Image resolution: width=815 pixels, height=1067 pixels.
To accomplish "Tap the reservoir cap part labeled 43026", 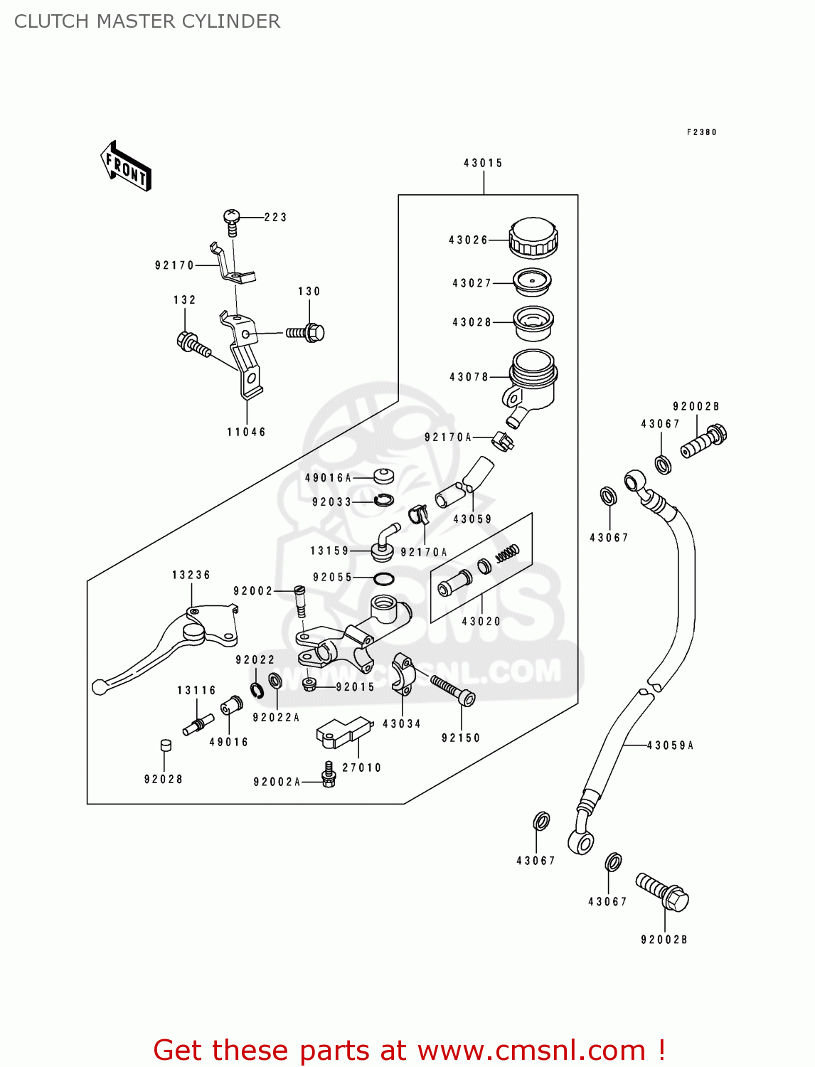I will (x=533, y=238).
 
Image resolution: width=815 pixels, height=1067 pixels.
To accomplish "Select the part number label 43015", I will (x=483, y=163).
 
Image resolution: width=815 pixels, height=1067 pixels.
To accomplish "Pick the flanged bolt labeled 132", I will (x=193, y=344).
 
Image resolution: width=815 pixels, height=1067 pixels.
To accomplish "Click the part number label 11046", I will (x=246, y=432).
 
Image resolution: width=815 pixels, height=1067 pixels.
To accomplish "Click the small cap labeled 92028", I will (x=165, y=745).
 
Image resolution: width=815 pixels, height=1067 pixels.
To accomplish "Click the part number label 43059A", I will (x=670, y=745).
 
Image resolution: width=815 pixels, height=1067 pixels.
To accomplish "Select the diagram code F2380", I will (x=701, y=132).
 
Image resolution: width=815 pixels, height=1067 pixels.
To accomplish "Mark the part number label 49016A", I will (x=328, y=478).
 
